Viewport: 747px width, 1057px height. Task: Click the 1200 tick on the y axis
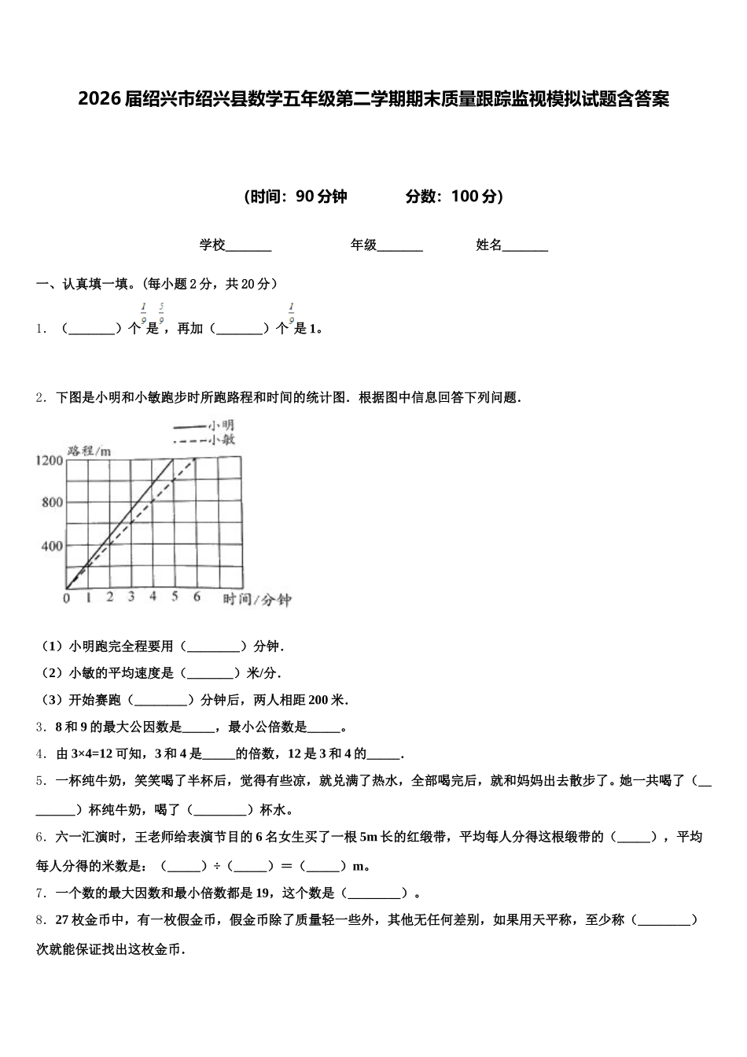tap(49, 460)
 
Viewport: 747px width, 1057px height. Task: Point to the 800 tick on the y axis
tap(52, 503)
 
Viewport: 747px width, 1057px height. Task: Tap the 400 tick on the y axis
tap(52, 546)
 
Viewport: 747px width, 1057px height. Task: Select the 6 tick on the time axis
tap(197, 597)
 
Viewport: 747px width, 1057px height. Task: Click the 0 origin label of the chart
tap(66, 598)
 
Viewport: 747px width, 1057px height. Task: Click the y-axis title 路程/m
tap(89, 450)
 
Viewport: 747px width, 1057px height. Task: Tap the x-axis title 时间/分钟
tap(257, 600)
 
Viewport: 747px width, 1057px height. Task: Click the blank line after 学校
tap(248, 246)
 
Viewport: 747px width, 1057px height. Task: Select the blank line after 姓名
tap(524, 246)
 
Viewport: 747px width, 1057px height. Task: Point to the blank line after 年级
tap(399, 246)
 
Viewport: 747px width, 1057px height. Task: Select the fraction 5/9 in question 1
tap(161, 313)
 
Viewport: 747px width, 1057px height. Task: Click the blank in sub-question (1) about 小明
tap(214, 646)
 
